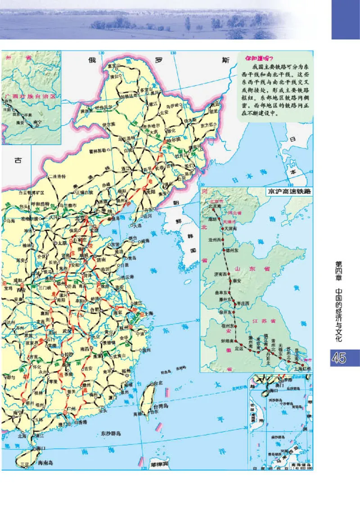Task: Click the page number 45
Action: click(338, 358)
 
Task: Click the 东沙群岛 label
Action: click(110, 434)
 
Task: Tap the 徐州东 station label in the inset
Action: click(223, 312)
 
